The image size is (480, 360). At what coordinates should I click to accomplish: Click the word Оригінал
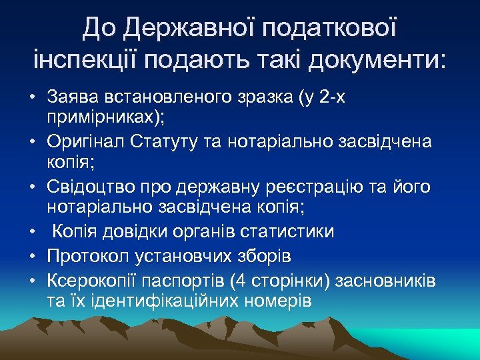pyautogui.click(x=82, y=141)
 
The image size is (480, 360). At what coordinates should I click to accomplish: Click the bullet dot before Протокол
pyautogui.click(x=33, y=256)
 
